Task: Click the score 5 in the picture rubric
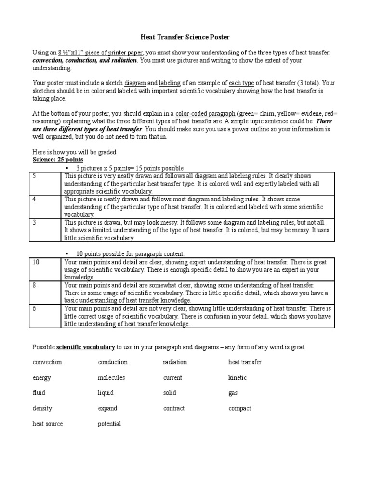click(x=34, y=176)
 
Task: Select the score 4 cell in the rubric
click(x=34, y=199)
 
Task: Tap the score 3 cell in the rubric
click(x=34, y=222)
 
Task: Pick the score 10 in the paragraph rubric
click(x=36, y=262)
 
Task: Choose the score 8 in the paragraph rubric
click(x=34, y=285)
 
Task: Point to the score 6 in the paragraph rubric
click(x=34, y=308)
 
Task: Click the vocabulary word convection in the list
click(x=47, y=362)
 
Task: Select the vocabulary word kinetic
click(x=238, y=377)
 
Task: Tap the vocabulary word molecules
click(x=111, y=377)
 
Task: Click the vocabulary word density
click(x=42, y=408)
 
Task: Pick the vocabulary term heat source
click(x=48, y=424)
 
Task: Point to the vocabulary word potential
click(x=109, y=424)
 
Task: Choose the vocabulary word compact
click(x=239, y=408)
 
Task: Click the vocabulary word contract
click(x=174, y=408)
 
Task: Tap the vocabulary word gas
click(x=233, y=393)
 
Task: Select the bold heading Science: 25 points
click(x=57, y=160)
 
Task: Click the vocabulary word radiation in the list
click(x=175, y=362)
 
